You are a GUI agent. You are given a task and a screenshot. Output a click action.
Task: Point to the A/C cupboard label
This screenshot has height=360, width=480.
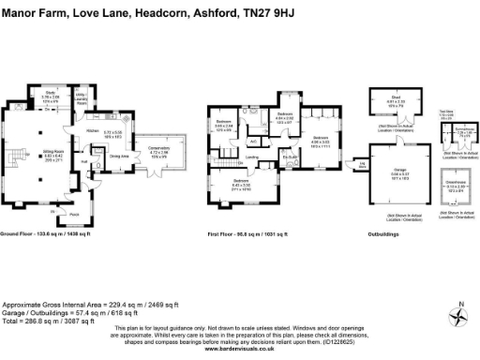click(x=253, y=142)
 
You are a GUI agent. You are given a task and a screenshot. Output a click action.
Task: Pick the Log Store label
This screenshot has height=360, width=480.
click(x=362, y=165)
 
